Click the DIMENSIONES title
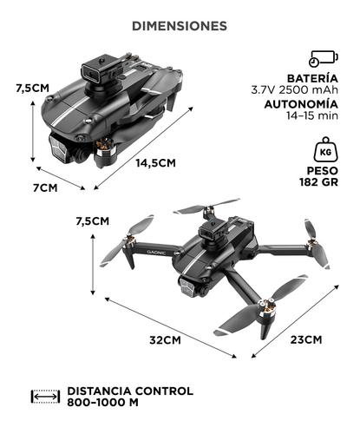click(180, 26)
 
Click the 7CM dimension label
click(45, 187)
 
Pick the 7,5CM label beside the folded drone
click(32, 87)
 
